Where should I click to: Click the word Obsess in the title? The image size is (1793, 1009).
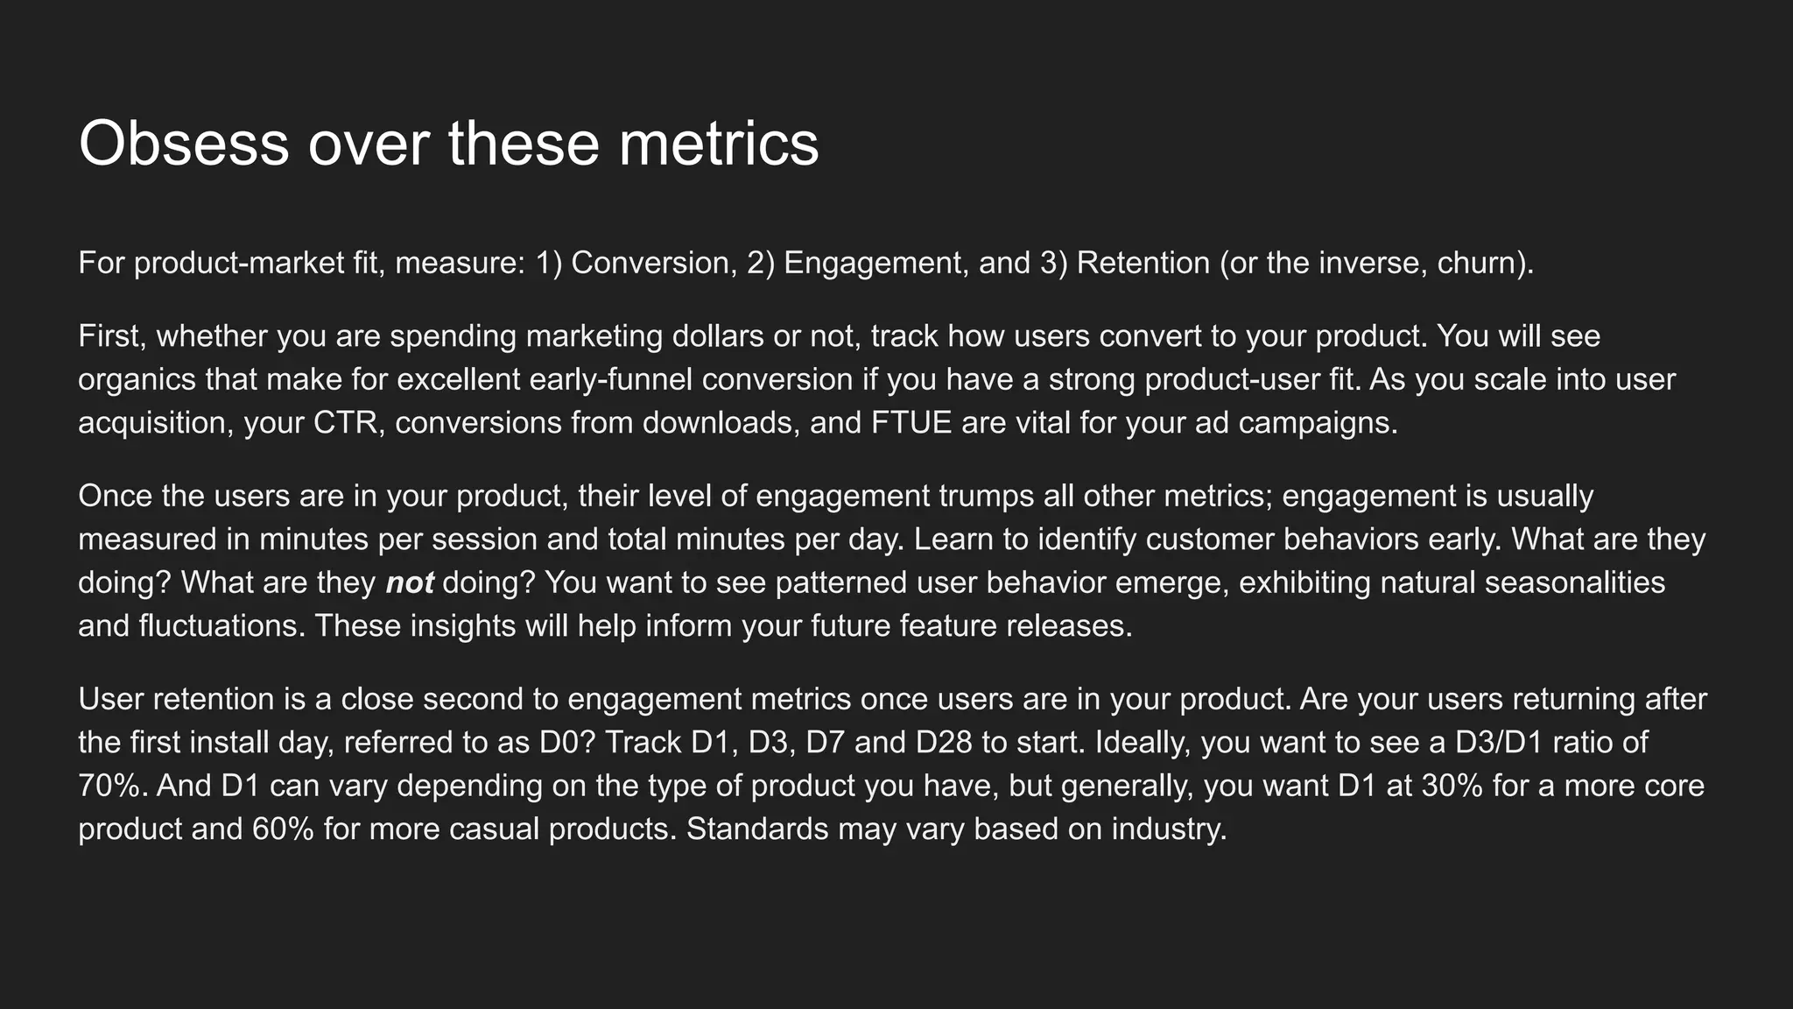(x=183, y=144)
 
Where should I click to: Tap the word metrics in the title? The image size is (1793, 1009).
(x=719, y=144)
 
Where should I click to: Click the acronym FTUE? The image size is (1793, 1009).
(x=911, y=423)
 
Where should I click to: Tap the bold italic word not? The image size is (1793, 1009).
(x=409, y=583)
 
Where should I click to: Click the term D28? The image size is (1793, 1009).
(x=943, y=743)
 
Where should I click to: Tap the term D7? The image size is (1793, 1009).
(x=825, y=743)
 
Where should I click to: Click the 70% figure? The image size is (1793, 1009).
(x=109, y=786)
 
